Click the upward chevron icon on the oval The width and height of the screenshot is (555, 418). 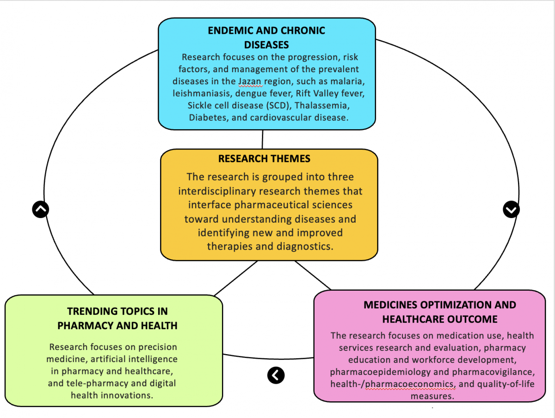click(41, 210)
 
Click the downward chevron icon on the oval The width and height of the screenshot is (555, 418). click(511, 210)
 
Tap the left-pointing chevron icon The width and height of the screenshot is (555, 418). click(276, 375)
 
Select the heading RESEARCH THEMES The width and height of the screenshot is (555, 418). click(264, 159)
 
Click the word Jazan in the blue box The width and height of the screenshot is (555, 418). click(250, 81)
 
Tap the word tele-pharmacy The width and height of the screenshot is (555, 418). click(95, 383)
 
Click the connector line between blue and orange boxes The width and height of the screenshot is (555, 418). click(263, 139)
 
